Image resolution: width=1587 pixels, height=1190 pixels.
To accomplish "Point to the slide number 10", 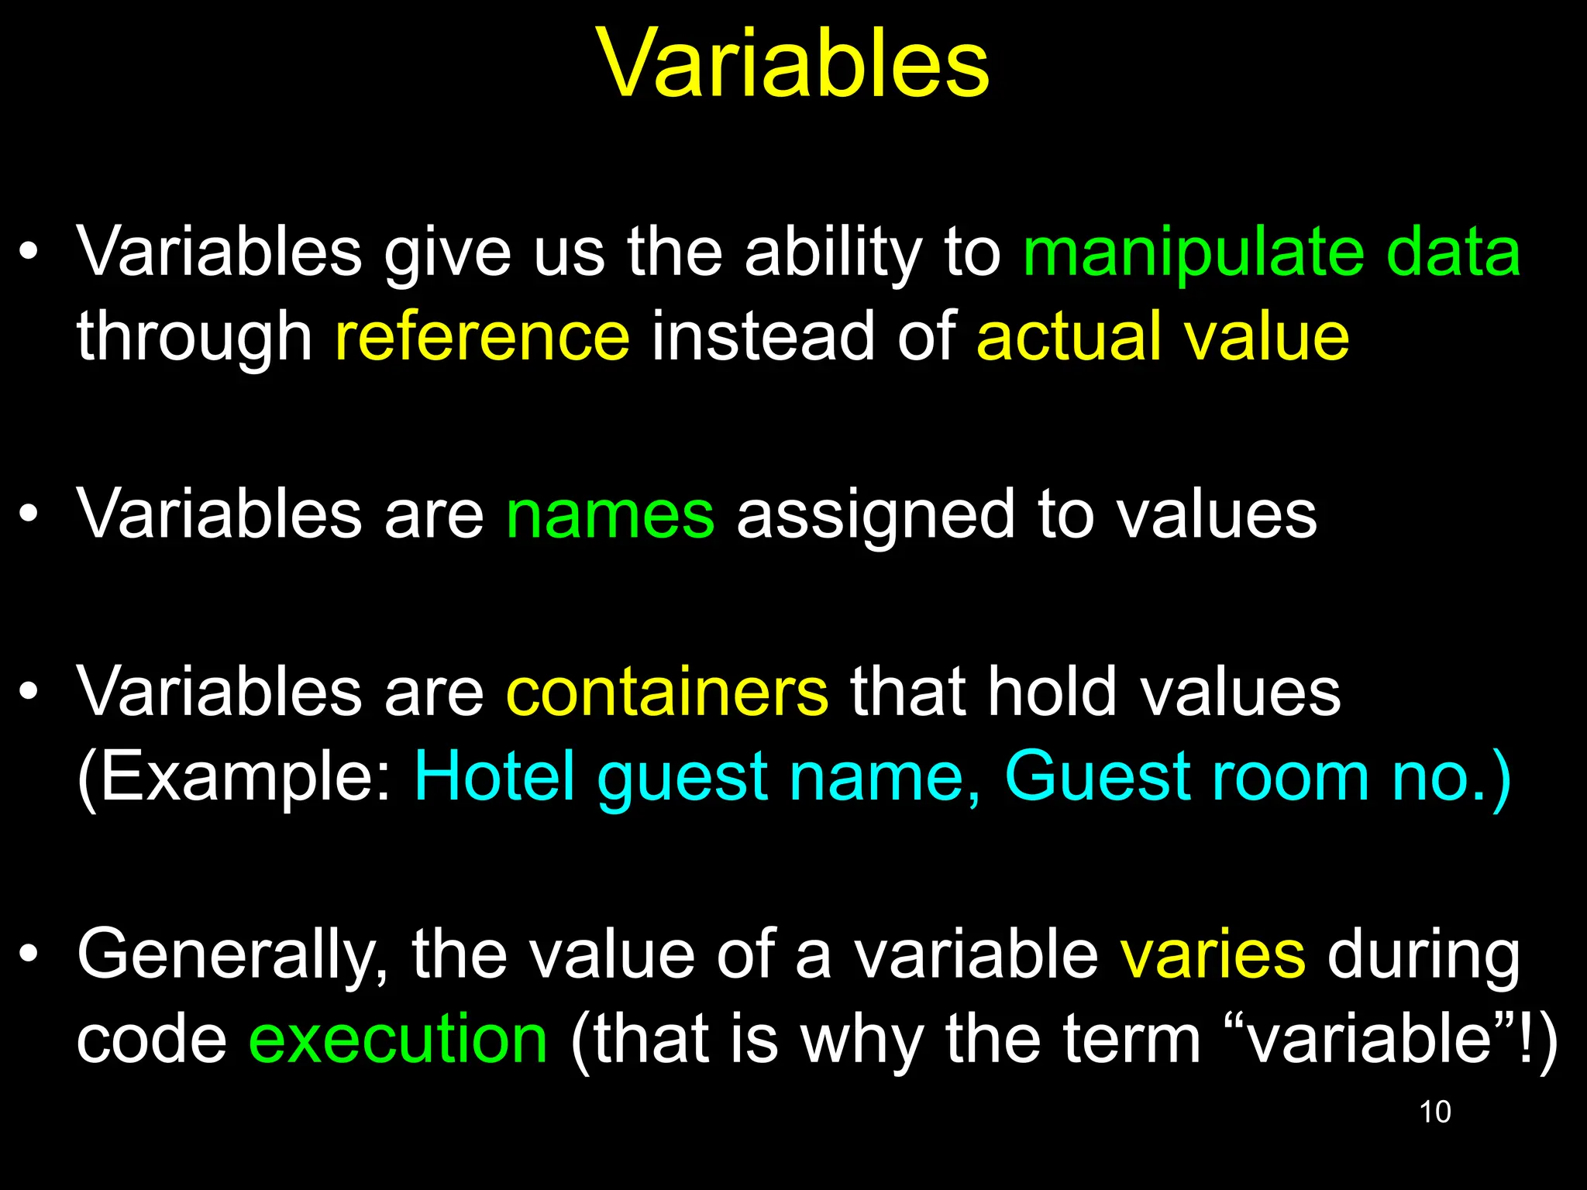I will point(1434,1112).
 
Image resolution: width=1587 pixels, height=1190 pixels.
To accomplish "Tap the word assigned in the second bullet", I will point(875,516).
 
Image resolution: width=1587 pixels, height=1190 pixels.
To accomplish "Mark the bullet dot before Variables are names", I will point(29,514).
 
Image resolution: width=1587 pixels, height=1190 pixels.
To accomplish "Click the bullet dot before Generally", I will point(29,954).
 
